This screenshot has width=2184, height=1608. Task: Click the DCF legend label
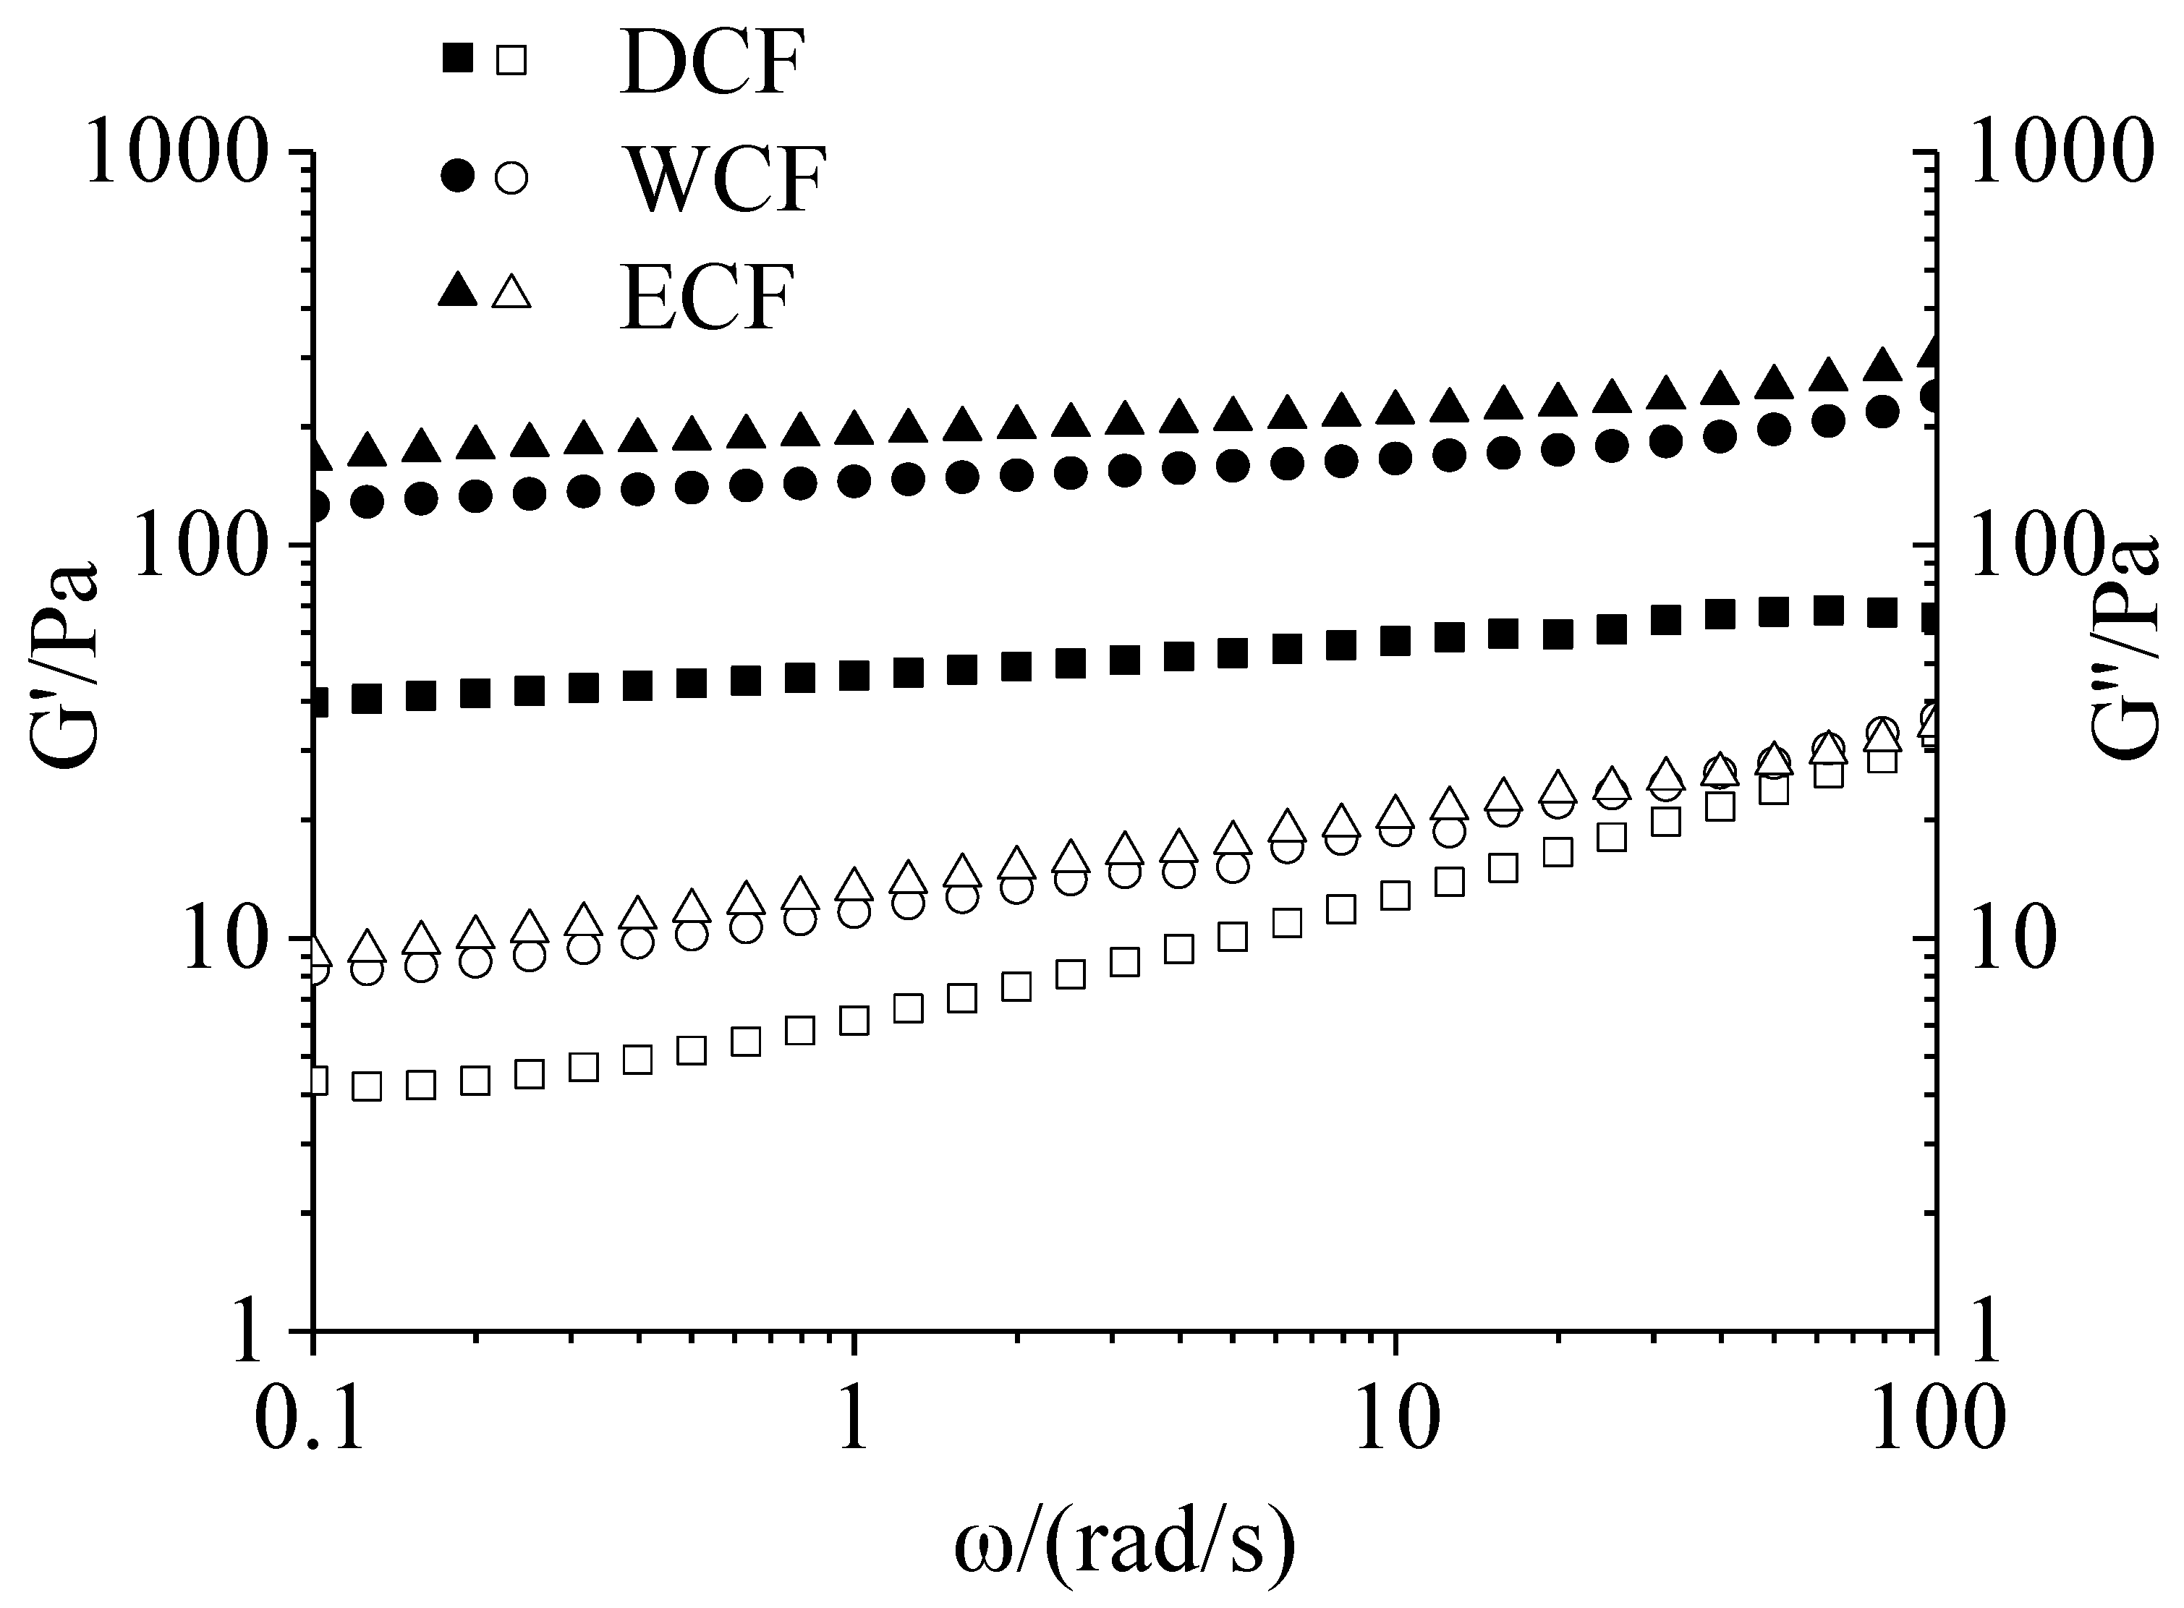[x=713, y=63]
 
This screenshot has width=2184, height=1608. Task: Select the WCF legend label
[x=725, y=179]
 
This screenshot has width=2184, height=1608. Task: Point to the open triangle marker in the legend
[x=512, y=291]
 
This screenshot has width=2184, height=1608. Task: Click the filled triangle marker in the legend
[x=456, y=290]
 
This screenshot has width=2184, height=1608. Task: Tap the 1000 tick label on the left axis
[x=175, y=152]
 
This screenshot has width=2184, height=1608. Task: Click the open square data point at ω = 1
[x=854, y=1021]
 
